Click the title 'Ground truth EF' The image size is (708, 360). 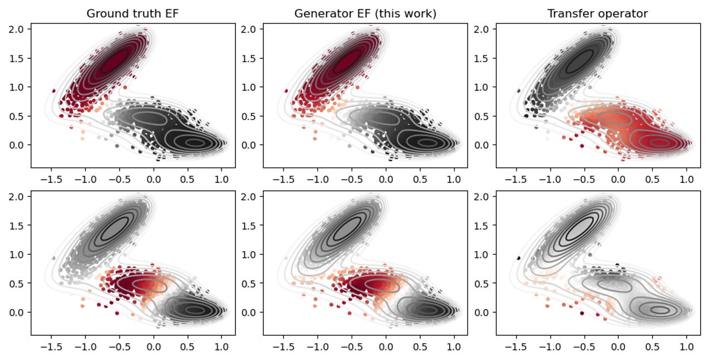pyautogui.click(x=133, y=13)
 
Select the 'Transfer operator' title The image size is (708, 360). pyautogui.click(x=598, y=13)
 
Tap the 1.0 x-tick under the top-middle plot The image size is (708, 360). pyautogui.click(x=454, y=180)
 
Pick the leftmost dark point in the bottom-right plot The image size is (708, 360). pyautogui.click(x=519, y=258)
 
